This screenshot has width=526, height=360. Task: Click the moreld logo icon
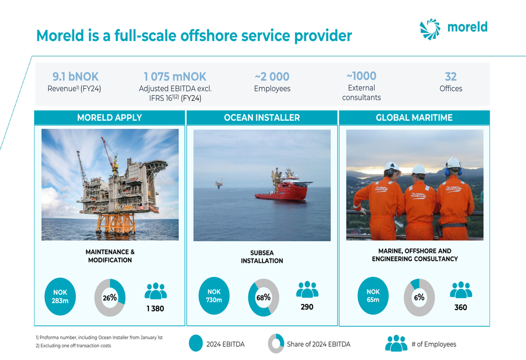[430, 29]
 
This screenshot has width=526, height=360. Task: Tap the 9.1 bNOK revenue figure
[75, 76]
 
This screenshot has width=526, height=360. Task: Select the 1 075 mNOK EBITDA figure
[175, 76]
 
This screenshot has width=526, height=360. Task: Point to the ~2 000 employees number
[272, 76]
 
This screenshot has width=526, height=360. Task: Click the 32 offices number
[451, 76]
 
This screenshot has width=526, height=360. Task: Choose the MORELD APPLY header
[109, 118]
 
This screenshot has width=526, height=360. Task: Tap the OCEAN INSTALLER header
[262, 118]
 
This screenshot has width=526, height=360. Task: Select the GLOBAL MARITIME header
[414, 118]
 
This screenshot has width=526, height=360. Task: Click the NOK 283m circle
[60, 296]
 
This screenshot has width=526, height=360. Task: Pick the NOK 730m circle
[214, 296]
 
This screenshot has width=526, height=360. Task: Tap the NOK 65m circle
[373, 296]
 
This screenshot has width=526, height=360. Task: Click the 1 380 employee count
[155, 308]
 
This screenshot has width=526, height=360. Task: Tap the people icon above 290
[307, 289]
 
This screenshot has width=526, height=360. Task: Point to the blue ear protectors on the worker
[453, 171]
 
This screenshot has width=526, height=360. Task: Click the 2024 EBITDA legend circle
[196, 344]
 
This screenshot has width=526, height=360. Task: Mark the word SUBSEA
[262, 253]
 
